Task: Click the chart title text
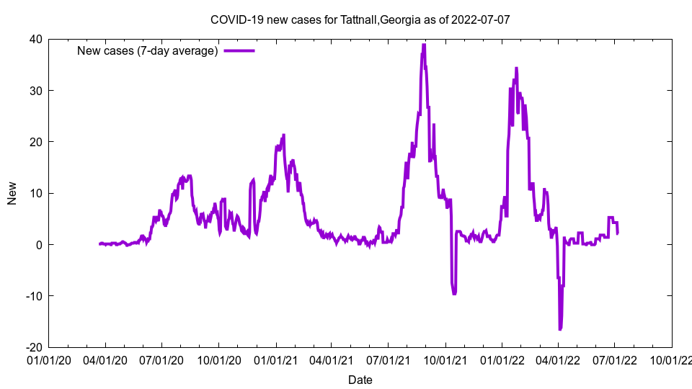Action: [360, 19]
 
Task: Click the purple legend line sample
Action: [239, 50]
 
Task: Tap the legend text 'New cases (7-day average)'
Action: [147, 51]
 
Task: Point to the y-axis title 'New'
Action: [12, 193]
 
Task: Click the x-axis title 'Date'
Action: [360, 380]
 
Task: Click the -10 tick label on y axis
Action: [32, 296]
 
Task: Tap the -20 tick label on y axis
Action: [32, 347]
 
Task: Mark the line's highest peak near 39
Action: [424, 45]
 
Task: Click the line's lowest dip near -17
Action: [560, 329]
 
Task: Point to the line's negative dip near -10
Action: [454, 293]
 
